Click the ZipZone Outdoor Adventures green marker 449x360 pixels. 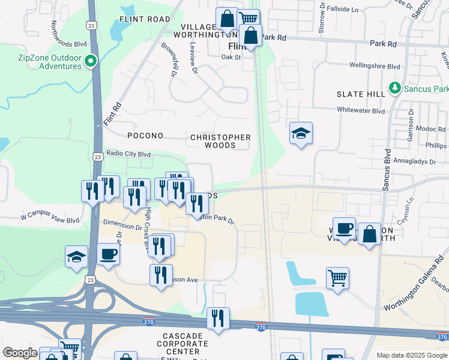tap(91, 61)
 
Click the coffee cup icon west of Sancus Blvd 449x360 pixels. tap(344, 229)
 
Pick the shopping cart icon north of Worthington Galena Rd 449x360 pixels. tap(338, 278)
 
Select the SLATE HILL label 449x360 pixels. tap(360, 95)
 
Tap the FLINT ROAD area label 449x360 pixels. tap(145, 19)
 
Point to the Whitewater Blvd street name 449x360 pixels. tap(361, 110)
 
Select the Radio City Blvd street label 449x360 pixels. tap(128, 154)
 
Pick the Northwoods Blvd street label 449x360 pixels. tap(70, 35)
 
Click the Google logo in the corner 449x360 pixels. tap(20, 353)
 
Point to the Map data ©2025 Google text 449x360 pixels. tap(412, 355)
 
